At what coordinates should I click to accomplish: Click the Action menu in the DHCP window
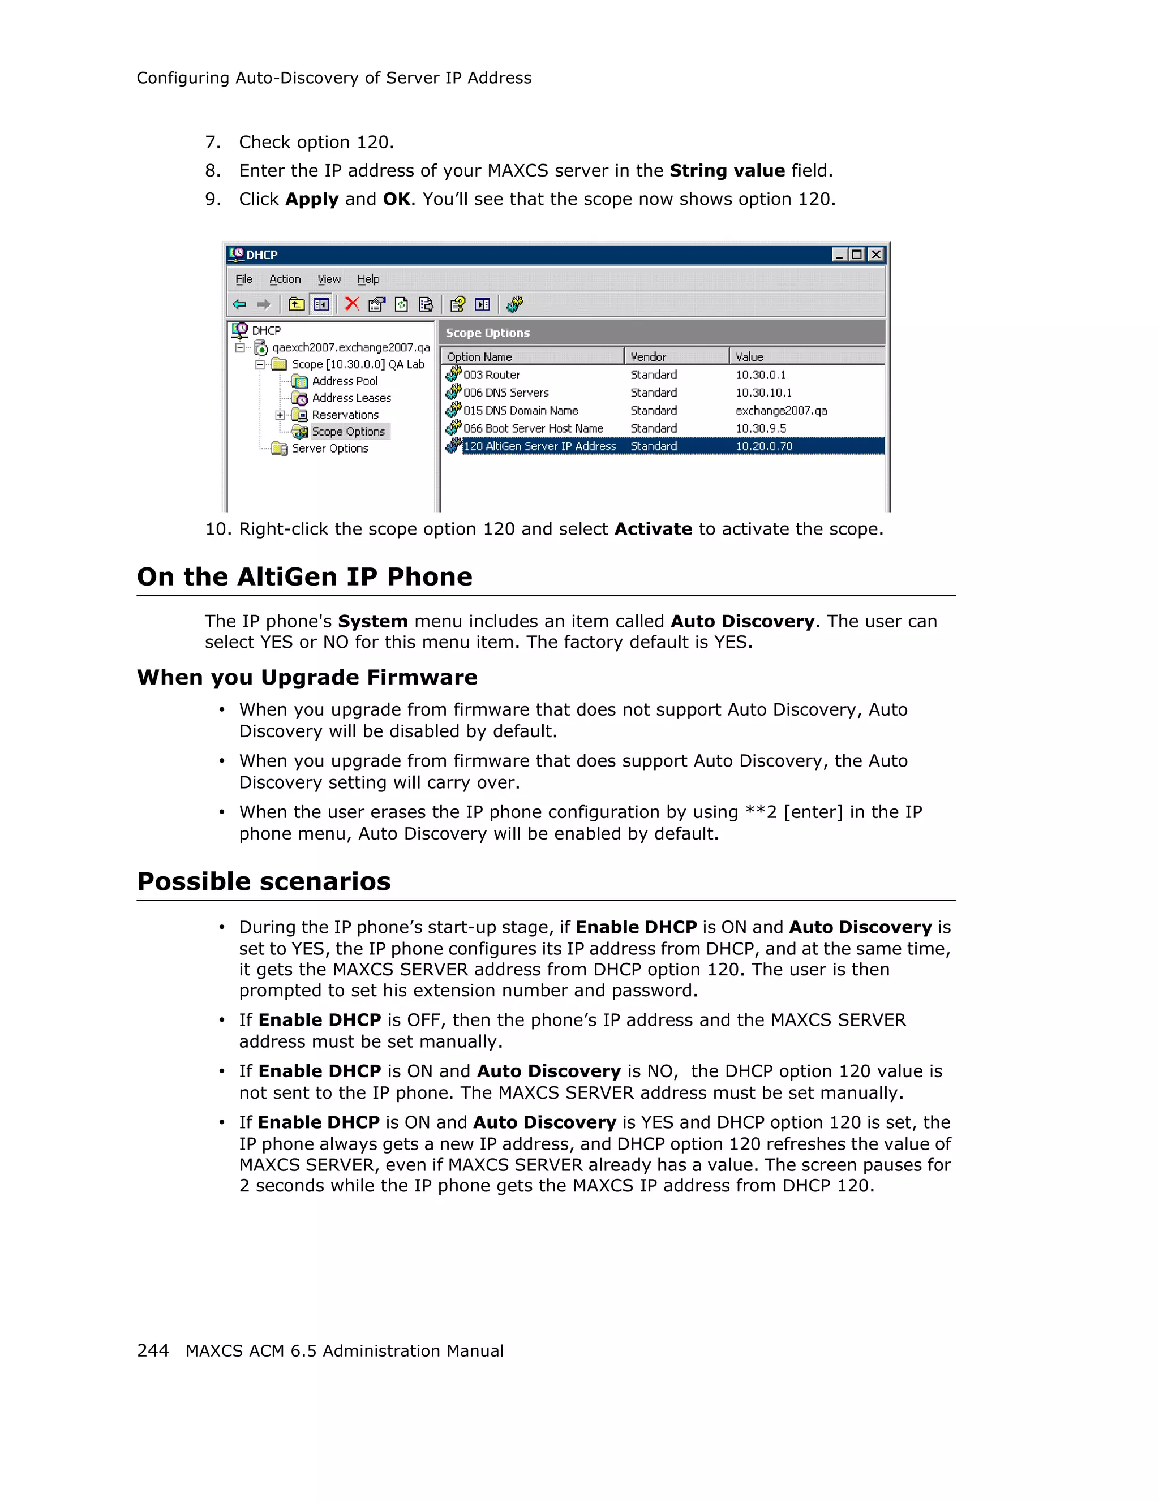(285, 279)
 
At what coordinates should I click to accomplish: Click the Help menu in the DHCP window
(368, 279)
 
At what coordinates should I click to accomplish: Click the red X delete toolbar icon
(351, 304)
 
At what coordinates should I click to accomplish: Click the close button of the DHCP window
(875, 255)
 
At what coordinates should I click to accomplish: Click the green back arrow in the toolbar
(239, 304)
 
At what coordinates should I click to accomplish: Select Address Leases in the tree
(351, 398)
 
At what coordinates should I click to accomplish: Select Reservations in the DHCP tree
(345, 415)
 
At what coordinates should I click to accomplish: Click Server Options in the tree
(329, 449)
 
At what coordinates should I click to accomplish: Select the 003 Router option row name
(491, 375)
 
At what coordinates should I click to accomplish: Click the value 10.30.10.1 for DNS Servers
(763, 393)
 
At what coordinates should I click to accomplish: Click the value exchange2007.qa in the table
(781, 411)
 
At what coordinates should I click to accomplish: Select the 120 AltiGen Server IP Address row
(539, 446)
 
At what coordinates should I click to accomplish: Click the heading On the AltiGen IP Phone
(304, 576)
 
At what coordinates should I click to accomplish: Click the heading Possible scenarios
(264, 881)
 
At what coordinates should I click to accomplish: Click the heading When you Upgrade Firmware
(307, 677)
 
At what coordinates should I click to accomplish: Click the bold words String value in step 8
(727, 170)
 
